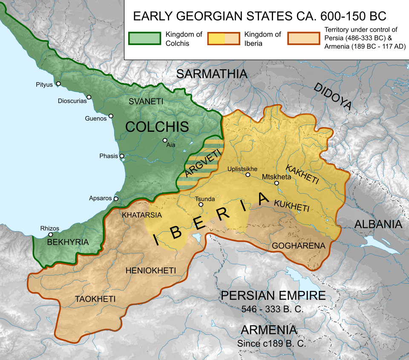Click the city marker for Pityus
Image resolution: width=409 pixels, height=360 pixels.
click(58, 84)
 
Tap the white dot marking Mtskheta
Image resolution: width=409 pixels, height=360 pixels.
click(277, 183)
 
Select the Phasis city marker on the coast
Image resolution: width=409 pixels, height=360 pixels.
click(122, 156)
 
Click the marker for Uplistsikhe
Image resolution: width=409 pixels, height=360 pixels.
click(248, 174)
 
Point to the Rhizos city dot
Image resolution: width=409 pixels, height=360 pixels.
click(51, 234)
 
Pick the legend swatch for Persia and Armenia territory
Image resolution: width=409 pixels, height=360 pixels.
click(303, 38)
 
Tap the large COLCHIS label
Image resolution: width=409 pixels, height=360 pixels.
click(157, 127)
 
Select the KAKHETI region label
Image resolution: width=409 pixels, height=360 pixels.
click(302, 175)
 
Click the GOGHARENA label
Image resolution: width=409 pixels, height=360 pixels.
click(298, 246)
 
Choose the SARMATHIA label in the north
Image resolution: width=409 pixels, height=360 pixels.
click(212, 74)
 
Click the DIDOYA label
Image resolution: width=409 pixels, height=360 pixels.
click(332, 96)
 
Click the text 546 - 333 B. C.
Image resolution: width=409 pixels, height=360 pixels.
click(272, 309)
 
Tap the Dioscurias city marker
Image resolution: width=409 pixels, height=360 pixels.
click(89, 97)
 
